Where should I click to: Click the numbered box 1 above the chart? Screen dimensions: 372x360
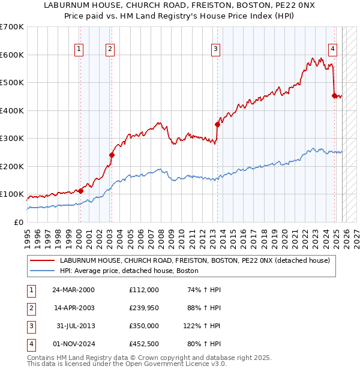[79, 50]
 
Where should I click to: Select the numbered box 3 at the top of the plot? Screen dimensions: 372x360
[215, 50]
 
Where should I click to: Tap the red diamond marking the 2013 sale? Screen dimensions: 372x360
[217, 124]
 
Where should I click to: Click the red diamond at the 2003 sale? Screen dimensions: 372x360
[112, 155]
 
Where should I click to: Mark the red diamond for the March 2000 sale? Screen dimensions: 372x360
[80, 191]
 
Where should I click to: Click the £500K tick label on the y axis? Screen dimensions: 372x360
[11, 83]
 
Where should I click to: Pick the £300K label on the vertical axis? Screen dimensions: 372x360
[11, 139]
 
